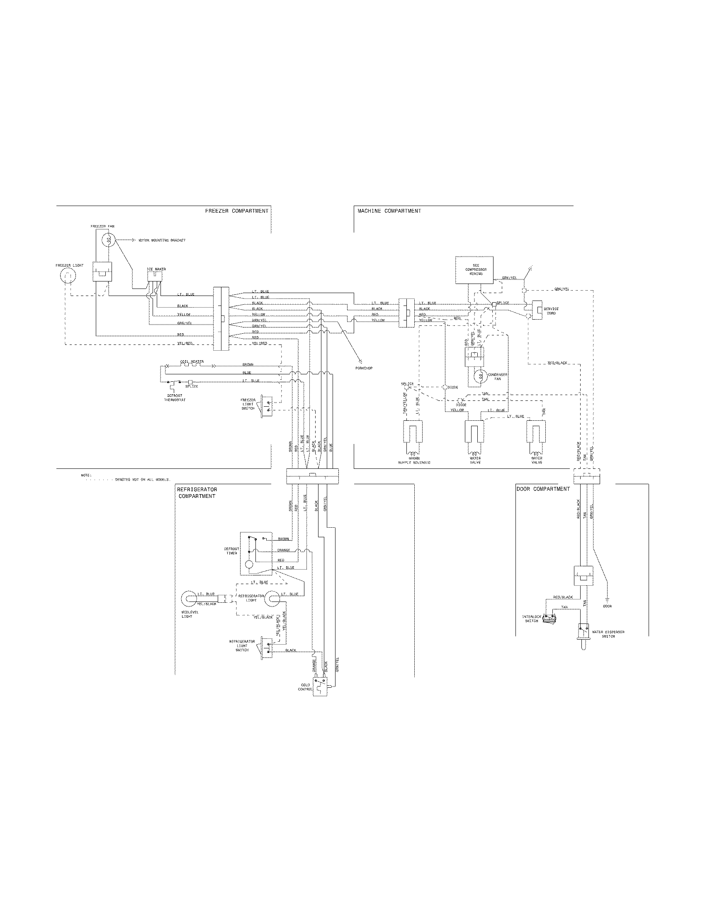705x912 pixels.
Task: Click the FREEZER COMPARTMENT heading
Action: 236,211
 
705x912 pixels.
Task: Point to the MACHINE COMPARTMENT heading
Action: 389,211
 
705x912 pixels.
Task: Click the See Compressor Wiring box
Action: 474,270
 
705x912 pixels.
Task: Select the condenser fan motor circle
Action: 479,376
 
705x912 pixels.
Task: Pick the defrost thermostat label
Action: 175,398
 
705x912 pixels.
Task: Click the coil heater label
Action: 192,361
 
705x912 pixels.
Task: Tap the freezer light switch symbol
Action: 267,406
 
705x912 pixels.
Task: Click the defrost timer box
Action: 255,553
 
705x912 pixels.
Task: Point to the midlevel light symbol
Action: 189,599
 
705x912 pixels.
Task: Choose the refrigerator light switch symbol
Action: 266,648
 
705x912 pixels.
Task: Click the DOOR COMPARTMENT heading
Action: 543,489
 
